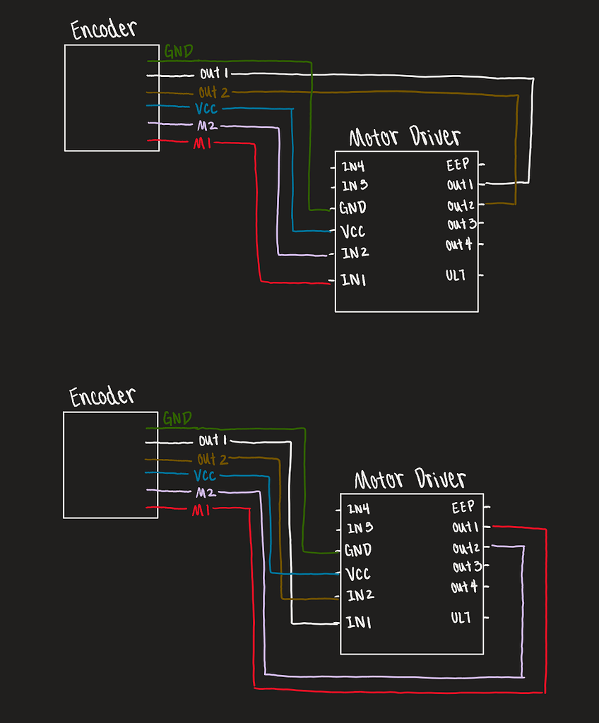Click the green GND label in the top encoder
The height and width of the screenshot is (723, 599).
click(x=178, y=52)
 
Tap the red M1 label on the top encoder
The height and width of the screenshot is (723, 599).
click(x=201, y=144)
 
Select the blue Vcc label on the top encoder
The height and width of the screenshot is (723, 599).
click(x=205, y=108)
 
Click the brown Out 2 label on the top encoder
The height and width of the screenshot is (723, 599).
click(x=214, y=92)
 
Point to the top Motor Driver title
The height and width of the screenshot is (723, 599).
click(x=405, y=138)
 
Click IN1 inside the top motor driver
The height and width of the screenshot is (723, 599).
click(x=353, y=280)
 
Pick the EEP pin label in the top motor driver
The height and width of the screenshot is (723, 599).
click(x=458, y=166)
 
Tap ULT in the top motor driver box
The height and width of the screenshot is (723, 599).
click(x=456, y=275)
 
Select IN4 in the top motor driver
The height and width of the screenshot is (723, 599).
click(x=353, y=168)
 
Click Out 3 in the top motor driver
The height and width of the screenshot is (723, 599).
click(x=461, y=225)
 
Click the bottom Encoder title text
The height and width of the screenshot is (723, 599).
click(x=102, y=396)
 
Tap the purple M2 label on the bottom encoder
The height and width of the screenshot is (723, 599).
click(x=206, y=493)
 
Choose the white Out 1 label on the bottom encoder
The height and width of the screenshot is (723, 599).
click(x=213, y=441)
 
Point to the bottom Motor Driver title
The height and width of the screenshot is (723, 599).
click(x=410, y=480)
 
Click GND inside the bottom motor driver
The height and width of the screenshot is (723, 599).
click(x=358, y=550)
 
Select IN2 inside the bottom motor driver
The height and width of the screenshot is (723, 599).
click(x=360, y=595)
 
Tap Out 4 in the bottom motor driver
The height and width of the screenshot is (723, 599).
click(x=464, y=587)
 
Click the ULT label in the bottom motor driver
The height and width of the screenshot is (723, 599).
click(x=461, y=618)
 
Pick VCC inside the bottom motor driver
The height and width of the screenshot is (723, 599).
click(x=358, y=573)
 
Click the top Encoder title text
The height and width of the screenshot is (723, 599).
click(x=103, y=30)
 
